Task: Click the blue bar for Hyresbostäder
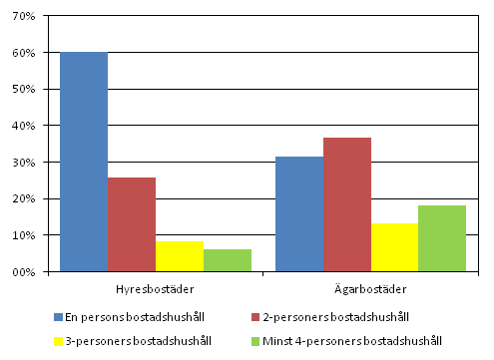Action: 84,162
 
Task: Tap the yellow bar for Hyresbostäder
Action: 180,256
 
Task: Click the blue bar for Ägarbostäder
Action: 299,213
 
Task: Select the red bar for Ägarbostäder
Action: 347,204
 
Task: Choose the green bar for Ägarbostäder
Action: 442,238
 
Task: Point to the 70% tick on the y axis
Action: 24,16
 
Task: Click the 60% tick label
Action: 24,53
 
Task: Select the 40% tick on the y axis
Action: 24,126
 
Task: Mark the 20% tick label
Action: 24,198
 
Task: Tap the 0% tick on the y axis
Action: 27,271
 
